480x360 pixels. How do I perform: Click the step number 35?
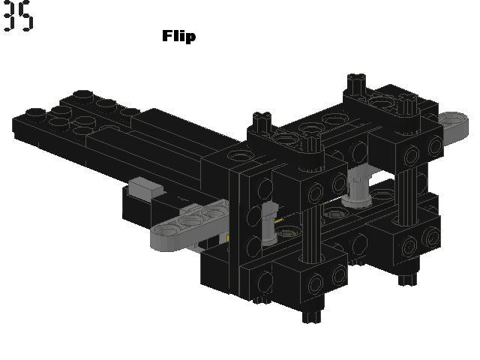(18, 15)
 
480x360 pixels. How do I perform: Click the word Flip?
(178, 37)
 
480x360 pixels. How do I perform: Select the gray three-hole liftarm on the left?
(189, 224)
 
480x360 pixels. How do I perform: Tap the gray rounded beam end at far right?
(454, 124)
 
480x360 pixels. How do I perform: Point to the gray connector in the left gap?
(269, 224)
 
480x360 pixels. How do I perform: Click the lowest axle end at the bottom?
(312, 314)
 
